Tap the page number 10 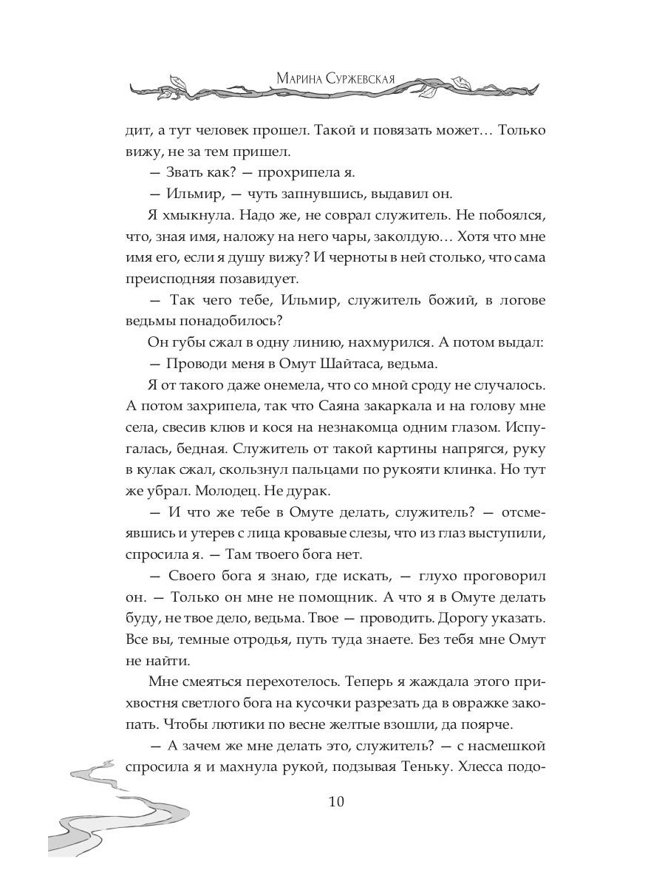332,802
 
